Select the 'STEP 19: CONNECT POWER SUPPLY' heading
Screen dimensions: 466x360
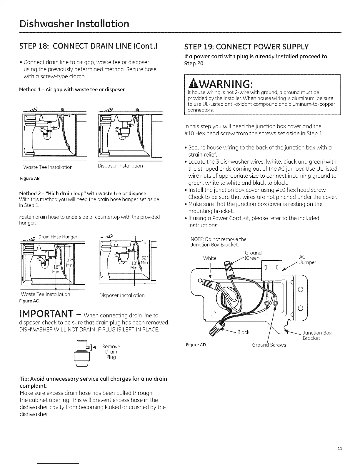point(246,47)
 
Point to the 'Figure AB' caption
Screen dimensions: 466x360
point(29,179)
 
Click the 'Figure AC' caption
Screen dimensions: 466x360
point(29,301)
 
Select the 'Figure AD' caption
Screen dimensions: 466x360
point(196,345)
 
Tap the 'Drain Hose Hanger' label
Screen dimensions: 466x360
point(58,237)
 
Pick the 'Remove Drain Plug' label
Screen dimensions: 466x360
point(111,352)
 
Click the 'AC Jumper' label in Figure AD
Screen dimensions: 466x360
point(307,260)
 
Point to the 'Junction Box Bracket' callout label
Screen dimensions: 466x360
point(317,335)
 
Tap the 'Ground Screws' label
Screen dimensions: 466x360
point(269,345)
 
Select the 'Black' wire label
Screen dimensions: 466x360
point(243,332)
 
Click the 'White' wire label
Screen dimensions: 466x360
point(210,258)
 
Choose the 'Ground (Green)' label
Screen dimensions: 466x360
point(253,255)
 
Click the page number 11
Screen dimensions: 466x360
point(340,449)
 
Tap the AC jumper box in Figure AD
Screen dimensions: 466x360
point(271,270)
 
